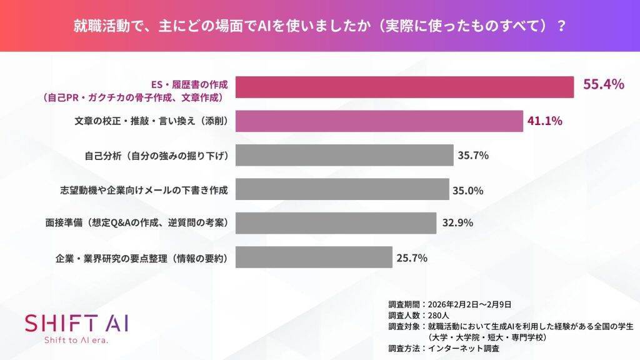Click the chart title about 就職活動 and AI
[x=320, y=26]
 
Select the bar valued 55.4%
[x=404, y=87]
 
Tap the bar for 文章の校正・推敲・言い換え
[x=379, y=121]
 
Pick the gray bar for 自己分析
[x=344, y=155]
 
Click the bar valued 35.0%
[x=342, y=189]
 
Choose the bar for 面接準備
[x=336, y=222]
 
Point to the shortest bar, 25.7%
[x=314, y=256]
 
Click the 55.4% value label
[x=604, y=85]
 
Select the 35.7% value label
[x=473, y=155]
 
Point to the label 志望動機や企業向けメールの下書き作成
[x=144, y=189]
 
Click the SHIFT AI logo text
[x=76, y=323]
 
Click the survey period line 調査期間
[x=450, y=304]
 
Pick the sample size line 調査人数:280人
[x=415, y=315]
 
